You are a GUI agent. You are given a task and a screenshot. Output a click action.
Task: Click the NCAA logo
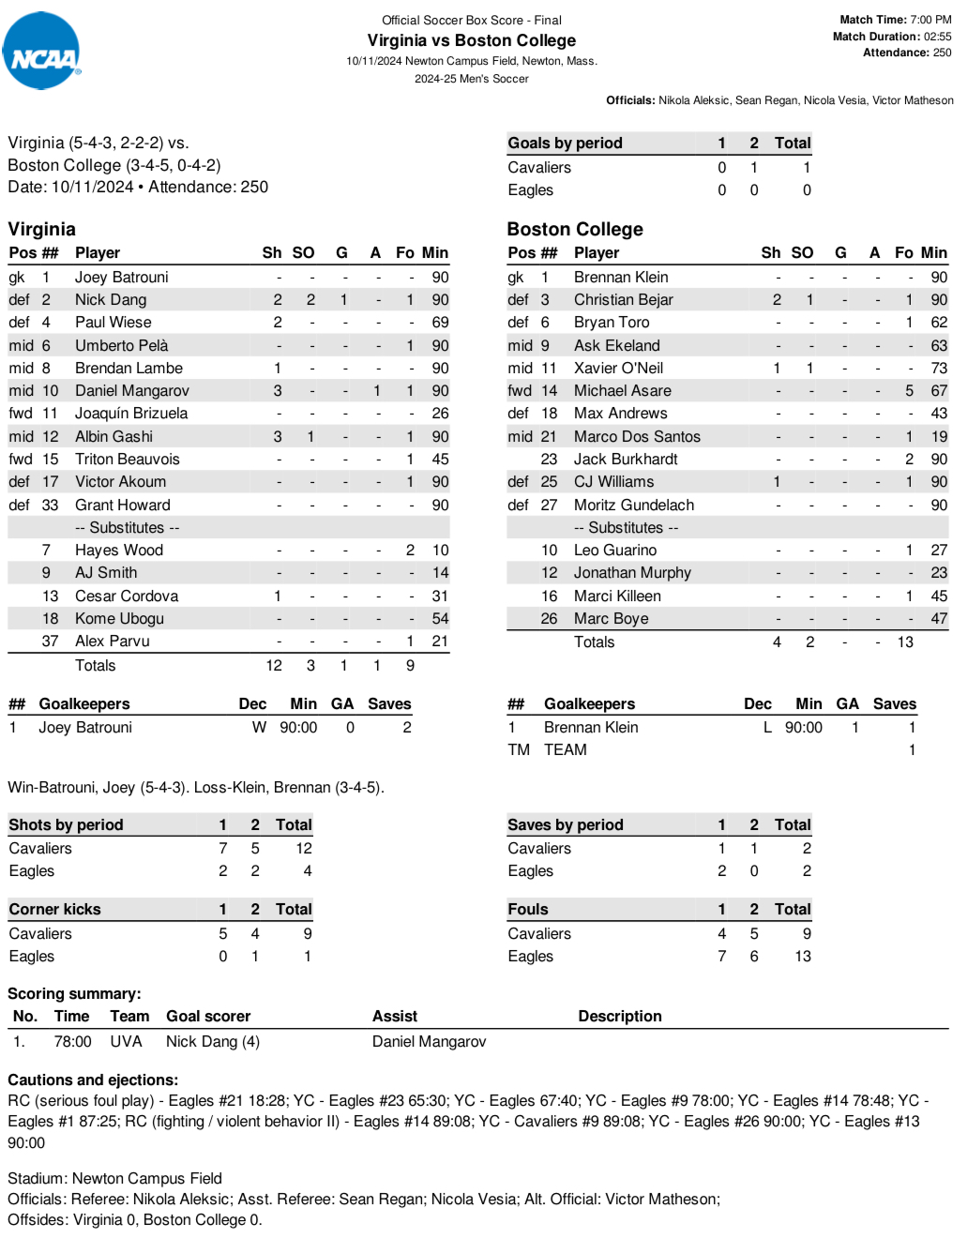click(41, 52)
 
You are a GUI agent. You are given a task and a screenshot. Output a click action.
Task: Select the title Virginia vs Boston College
click(471, 40)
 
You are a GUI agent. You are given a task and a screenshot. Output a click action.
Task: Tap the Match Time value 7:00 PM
click(930, 20)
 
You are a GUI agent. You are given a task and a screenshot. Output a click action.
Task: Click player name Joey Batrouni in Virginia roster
click(122, 278)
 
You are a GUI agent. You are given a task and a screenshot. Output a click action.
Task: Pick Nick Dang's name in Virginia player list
click(111, 300)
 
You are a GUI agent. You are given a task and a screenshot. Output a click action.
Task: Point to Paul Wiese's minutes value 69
click(440, 323)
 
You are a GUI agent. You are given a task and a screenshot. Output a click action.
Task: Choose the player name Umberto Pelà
click(122, 346)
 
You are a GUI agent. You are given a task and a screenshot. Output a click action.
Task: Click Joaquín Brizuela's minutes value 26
click(440, 414)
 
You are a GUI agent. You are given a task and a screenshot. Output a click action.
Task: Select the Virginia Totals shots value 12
click(274, 666)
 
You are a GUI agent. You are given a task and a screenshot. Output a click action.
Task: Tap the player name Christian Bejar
click(623, 300)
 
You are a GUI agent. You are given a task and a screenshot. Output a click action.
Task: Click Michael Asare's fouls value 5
click(909, 391)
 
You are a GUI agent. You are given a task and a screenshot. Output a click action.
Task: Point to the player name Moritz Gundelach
click(634, 506)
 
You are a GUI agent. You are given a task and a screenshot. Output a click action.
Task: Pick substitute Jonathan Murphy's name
click(632, 573)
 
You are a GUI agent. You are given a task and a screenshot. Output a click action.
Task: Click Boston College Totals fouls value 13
click(905, 642)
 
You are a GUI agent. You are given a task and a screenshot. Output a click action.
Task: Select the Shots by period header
click(66, 825)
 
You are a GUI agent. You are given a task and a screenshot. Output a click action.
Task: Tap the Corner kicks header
click(54, 910)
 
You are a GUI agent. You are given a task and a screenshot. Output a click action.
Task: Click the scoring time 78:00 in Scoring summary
click(72, 1042)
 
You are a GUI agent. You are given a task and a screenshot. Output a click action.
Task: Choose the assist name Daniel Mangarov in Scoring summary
click(429, 1042)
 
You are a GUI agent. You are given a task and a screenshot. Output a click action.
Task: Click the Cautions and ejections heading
click(93, 1080)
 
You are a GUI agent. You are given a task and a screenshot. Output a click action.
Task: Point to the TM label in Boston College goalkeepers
click(519, 750)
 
